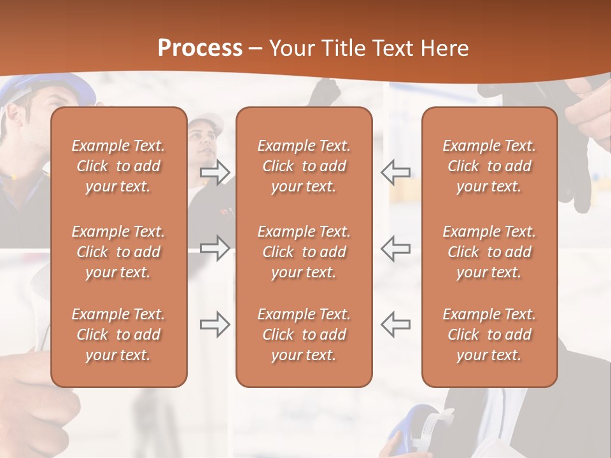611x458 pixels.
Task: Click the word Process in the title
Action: pyautogui.click(x=200, y=48)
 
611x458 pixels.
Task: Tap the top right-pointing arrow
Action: pyautogui.click(x=214, y=172)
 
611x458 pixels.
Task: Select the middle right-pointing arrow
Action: pyautogui.click(x=214, y=248)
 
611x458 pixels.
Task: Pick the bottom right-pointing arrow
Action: pyautogui.click(x=214, y=324)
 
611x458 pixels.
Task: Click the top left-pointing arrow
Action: pyautogui.click(x=395, y=172)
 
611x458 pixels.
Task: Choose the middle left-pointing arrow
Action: pyautogui.click(x=395, y=248)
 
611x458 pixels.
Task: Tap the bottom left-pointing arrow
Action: pyautogui.click(x=395, y=324)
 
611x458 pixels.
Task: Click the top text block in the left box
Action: pyautogui.click(x=118, y=166)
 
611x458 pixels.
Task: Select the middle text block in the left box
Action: pyautogui.click(x=118, y=252)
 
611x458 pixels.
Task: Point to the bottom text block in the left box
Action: pyautogui.click(x=118, y=335)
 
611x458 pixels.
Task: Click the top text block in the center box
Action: pyautogui.click(x=304, y=166)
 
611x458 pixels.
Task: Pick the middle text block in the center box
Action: pyautogui.click(x=304, y=252)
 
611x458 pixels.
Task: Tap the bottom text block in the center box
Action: pyautogui.click(x=304, y=335)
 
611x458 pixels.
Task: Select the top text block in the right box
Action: pyautogui.click(x=489, y=166)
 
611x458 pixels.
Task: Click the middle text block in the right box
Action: pyautogui.click(x=489, y=252)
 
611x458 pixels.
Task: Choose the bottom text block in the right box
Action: pyautogui.click(x=489, y=335)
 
